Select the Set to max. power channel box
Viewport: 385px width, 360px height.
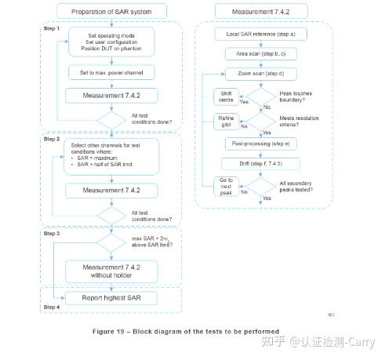tap(111, 72)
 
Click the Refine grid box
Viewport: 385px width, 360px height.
tap(226, 122)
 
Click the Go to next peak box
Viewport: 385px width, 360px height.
tap(226, 187)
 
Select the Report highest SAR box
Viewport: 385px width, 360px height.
tap(111, 298)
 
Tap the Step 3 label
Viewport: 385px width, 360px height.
tap(53, 234)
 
